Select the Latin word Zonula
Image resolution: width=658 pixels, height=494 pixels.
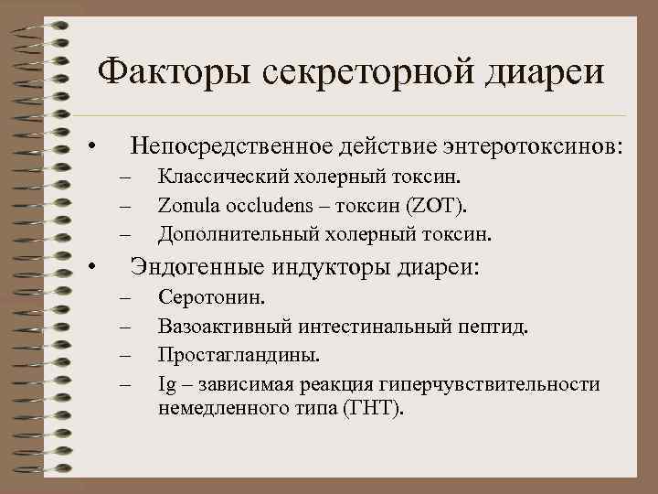coord(186,204)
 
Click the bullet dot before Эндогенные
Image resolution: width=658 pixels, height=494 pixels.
coord(91,269)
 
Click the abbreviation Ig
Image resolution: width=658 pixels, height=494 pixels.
coord(166,382)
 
